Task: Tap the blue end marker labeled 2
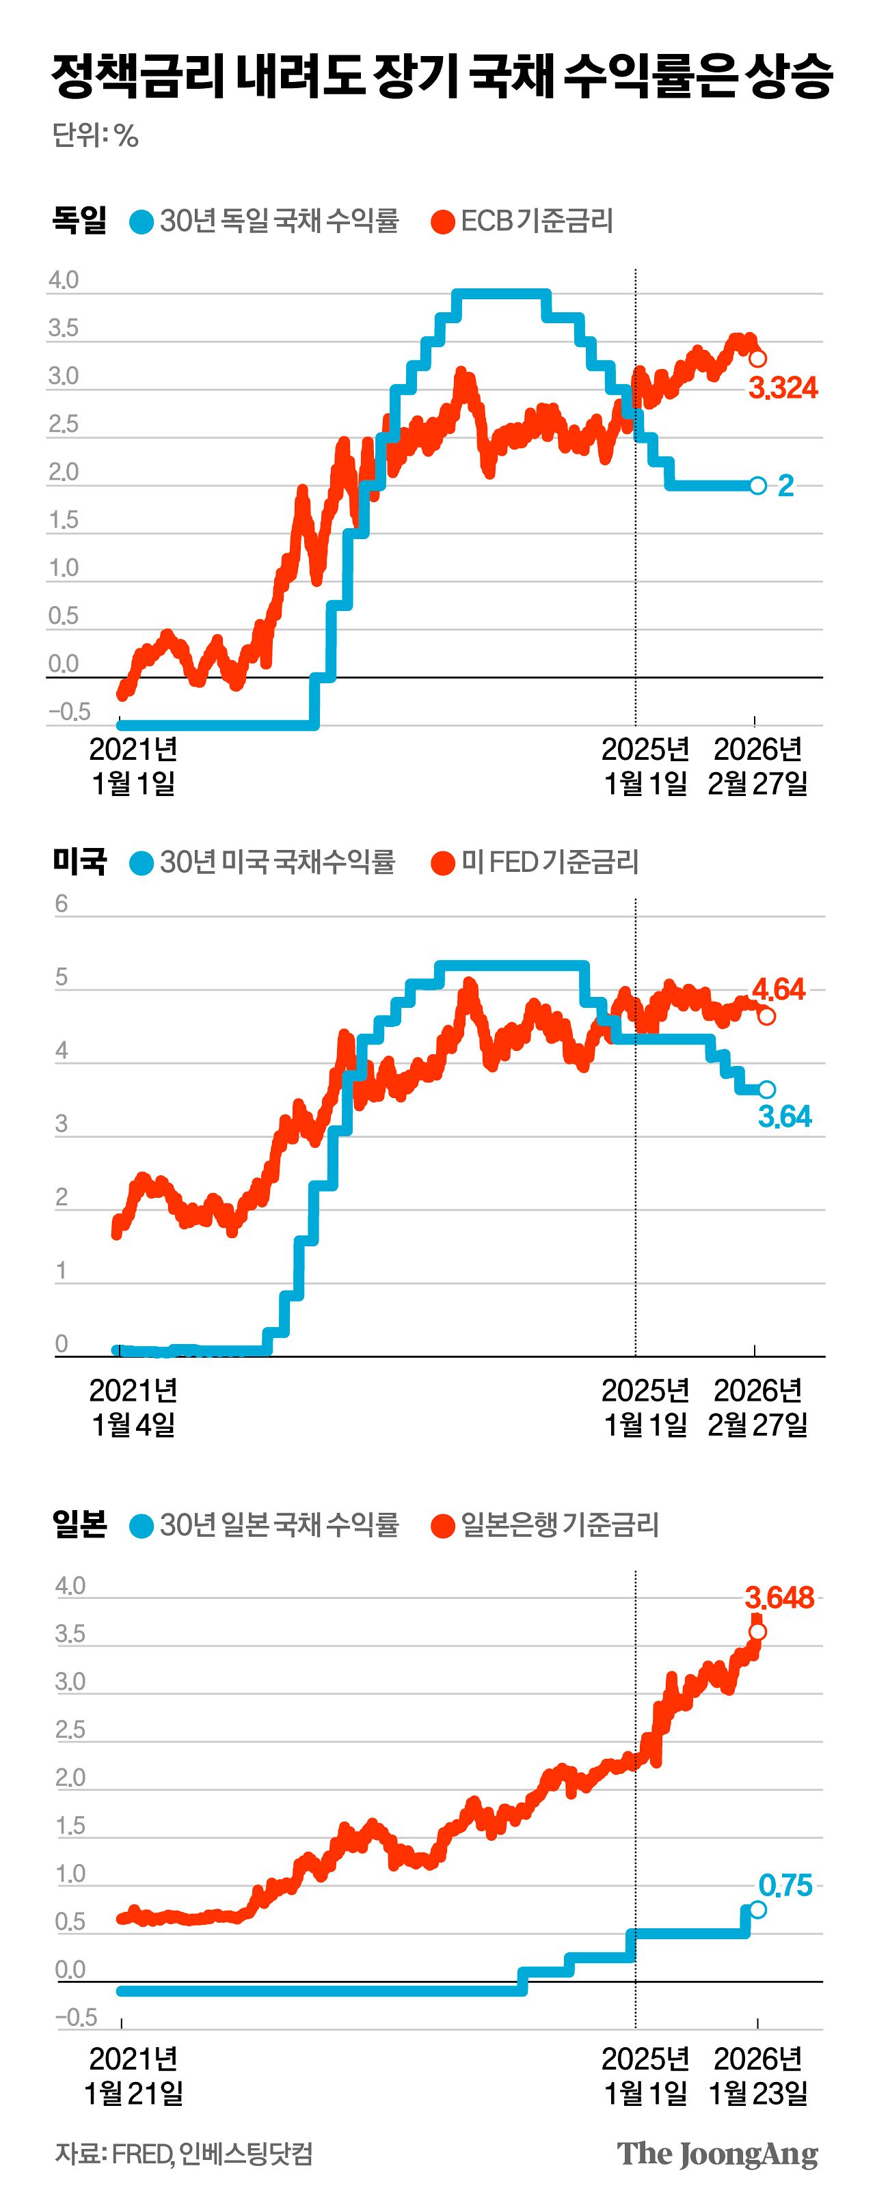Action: point(757,485)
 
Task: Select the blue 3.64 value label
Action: point(784,1117)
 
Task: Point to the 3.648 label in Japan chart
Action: point(779,1598)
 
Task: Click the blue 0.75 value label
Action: point(784,1885)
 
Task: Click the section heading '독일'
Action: point(79,219)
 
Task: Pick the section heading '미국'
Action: point(79,861)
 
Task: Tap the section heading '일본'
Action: point(79,1524)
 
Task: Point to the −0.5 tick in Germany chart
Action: point(68,712)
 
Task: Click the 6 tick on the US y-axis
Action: point(61,904)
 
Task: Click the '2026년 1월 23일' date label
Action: point(757,2076)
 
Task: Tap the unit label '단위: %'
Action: point(95,135)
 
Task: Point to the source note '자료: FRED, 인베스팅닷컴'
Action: point(183,2154)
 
